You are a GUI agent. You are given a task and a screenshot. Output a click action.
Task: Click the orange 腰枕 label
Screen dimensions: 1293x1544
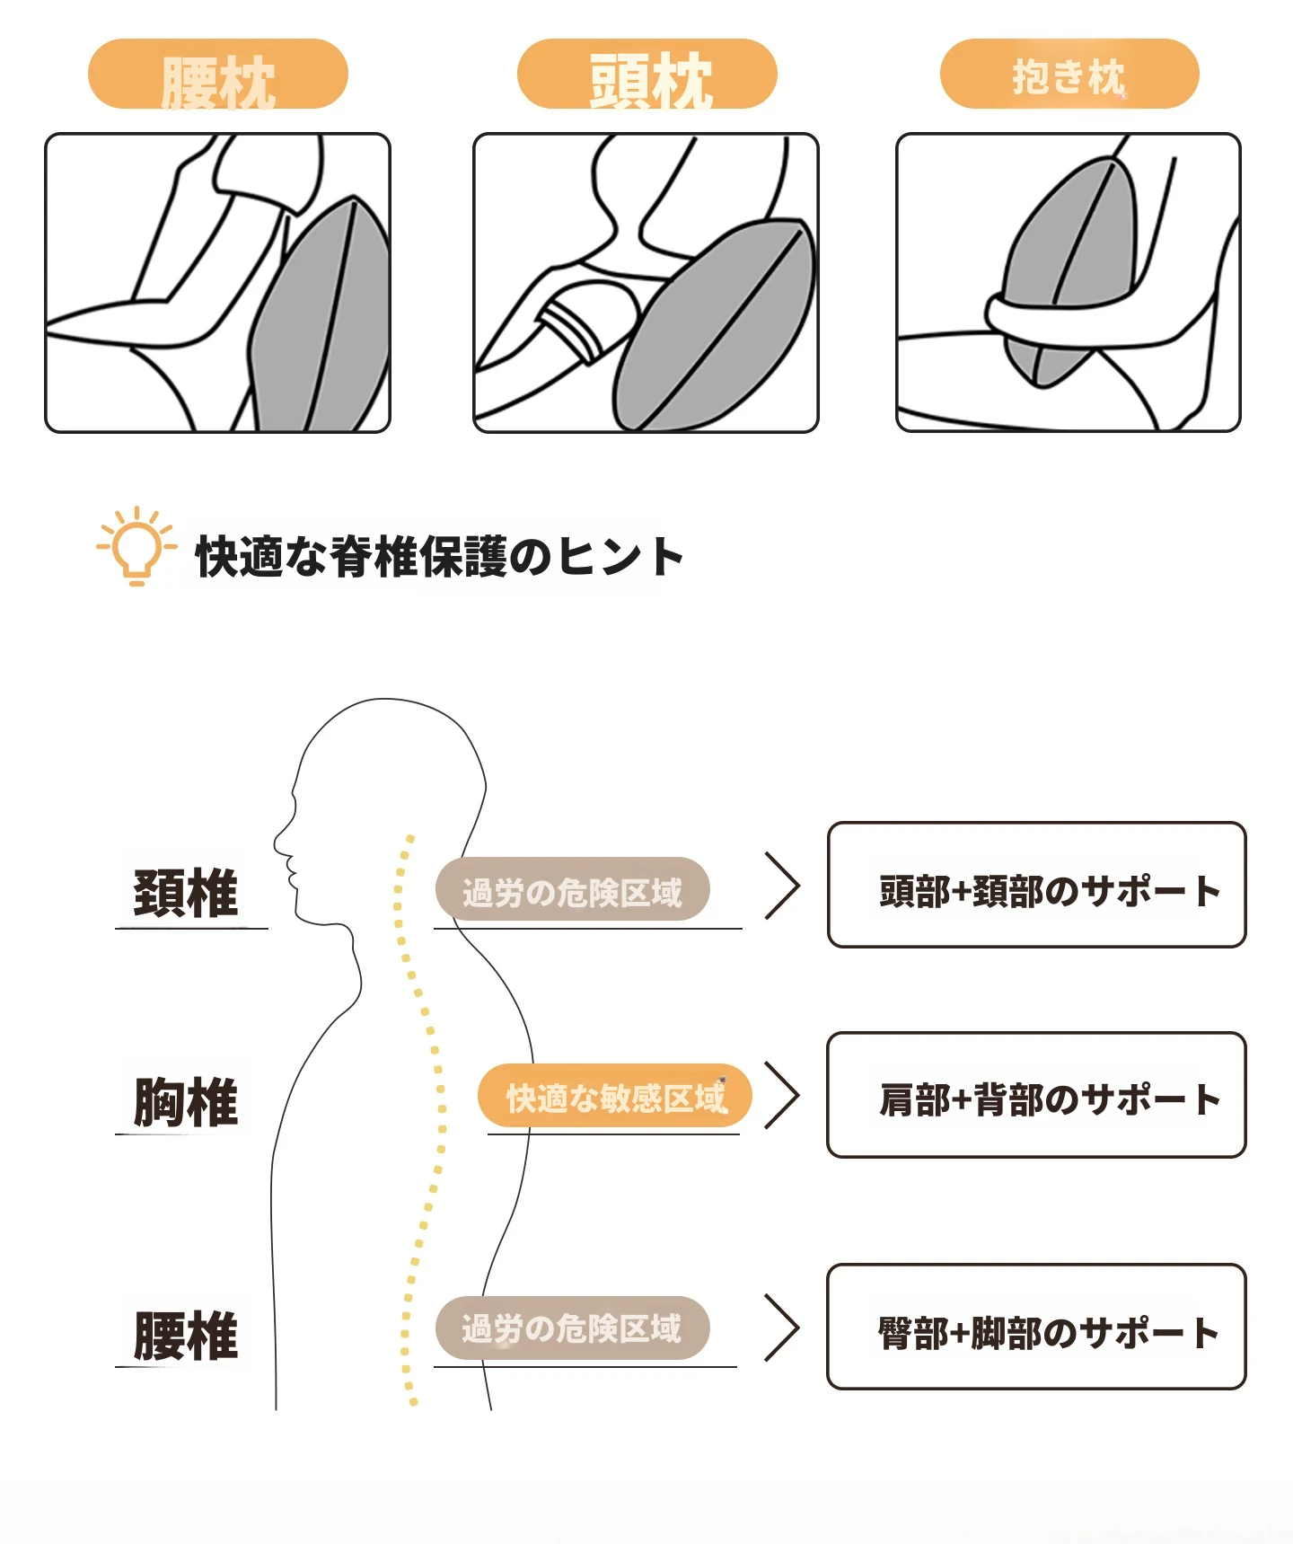tap(217, 74)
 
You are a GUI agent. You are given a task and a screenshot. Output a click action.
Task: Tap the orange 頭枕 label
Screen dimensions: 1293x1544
tap(646, 74)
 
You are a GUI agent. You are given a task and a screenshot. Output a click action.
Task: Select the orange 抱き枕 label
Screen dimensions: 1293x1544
tap(1069, 74)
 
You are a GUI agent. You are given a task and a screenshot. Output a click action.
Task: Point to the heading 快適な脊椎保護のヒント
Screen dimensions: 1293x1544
tap(439, 557)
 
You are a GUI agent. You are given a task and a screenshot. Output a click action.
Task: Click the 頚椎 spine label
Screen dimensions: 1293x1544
tap(186, 894)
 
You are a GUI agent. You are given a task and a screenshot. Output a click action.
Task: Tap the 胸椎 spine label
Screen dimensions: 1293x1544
tap(186, 1102)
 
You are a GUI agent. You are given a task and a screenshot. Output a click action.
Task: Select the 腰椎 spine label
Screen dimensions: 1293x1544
tap(186, 1336)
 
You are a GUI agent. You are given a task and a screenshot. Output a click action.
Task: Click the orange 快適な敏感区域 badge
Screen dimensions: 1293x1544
tap(615, 1096)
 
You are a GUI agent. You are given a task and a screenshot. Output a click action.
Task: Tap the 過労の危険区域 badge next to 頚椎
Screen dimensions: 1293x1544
tap(573, 889)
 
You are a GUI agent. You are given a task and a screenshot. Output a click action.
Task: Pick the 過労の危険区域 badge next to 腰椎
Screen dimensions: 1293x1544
tap(573, 1328)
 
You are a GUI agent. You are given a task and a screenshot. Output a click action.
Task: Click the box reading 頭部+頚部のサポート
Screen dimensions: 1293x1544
tap(1037, 885)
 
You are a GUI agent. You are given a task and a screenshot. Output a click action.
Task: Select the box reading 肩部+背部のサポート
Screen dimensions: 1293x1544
tap(1037, 1095)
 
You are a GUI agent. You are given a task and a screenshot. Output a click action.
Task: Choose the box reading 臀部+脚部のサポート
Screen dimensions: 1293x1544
tap(1037, 1327)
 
